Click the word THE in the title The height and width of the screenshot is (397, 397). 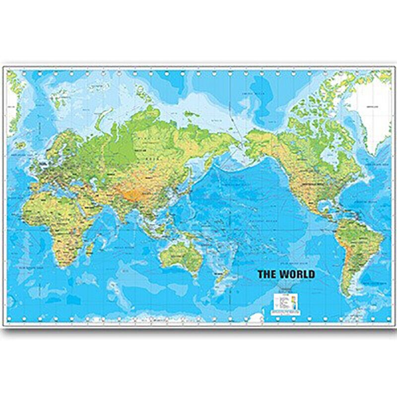point(267,273)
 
